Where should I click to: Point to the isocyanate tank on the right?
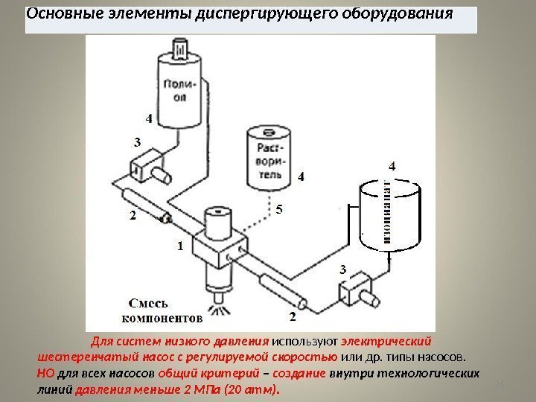389,218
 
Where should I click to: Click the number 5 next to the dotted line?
279,210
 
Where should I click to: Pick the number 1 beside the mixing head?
179,244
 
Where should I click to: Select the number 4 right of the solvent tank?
300,177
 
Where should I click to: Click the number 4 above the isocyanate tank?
392,165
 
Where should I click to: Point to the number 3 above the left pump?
136,141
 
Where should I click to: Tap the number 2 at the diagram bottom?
292,317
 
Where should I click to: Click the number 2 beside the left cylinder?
133,216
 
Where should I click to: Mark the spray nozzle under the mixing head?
219,305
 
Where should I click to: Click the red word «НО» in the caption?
45,373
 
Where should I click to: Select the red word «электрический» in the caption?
386,342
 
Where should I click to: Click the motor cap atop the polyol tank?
181,50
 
